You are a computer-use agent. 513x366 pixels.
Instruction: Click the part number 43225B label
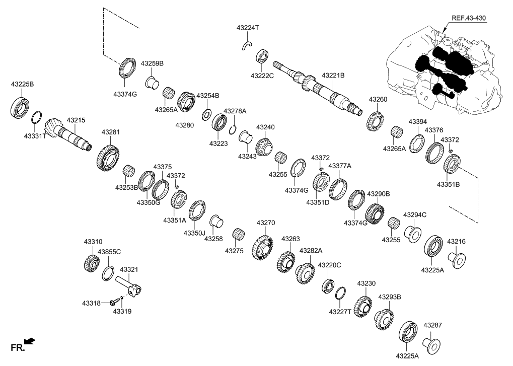coord(22,85)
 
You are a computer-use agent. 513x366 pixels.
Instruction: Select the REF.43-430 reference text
coord(468,18)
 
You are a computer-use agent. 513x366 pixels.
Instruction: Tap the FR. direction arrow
coord(30,342)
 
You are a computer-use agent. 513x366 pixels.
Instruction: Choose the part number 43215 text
coord(74,120)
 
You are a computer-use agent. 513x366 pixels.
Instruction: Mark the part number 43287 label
coord(433,326)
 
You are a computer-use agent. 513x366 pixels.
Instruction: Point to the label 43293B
coord(390,297)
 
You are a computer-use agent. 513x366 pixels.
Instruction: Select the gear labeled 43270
coord(263,247)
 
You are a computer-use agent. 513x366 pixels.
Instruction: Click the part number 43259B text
coord(152,63)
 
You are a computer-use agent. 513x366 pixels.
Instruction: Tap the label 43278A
coord(235,111)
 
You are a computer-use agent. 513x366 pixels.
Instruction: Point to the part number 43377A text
coord(340,166)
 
